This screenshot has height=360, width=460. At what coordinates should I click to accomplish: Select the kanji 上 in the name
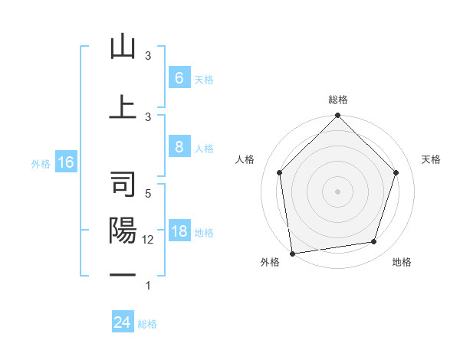tap(123, 106)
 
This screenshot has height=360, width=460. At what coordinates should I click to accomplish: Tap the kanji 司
tap(123, 185)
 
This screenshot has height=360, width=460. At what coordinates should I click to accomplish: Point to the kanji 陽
tap(123, 231)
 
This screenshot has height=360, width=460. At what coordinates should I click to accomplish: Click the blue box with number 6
tap(179, 78)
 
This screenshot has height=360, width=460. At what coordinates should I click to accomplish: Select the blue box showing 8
tap(179, 148)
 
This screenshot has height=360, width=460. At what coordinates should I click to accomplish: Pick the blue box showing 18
tap(179, 232)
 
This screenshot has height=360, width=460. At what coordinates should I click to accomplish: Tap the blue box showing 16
tap(65, 162)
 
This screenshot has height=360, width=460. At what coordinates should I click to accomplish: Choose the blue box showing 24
tap(123, 322)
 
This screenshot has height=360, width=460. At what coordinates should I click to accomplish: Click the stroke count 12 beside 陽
tap(149, 239)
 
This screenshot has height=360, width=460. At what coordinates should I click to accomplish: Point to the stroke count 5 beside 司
tap(148, 194)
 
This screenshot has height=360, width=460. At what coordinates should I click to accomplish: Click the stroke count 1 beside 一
tap(148, 286)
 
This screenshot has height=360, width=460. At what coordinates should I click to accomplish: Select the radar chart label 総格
tap(338, 100)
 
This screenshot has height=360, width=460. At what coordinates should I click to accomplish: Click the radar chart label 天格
tap(432, 159)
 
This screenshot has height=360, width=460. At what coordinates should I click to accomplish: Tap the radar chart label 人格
tap(245, 159)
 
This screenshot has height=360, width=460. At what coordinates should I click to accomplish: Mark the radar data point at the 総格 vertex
tap(338, 116)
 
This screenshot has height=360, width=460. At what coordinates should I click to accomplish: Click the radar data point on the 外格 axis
tap(292, 253)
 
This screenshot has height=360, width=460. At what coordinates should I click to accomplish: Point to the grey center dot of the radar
tap(338, 191)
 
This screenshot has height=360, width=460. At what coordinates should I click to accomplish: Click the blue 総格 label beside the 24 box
tap(147, 324)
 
